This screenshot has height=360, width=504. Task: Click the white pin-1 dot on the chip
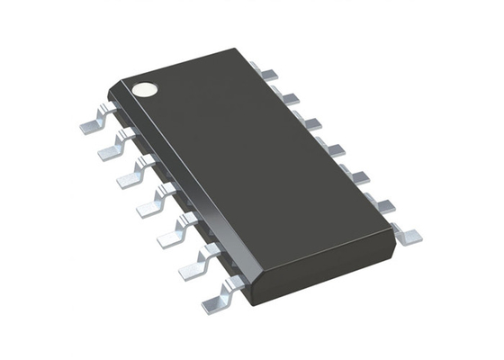click(144, 89)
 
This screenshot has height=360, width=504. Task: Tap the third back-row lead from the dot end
click(310, 122)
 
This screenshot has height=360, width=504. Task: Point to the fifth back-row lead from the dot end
click(357, 175)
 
